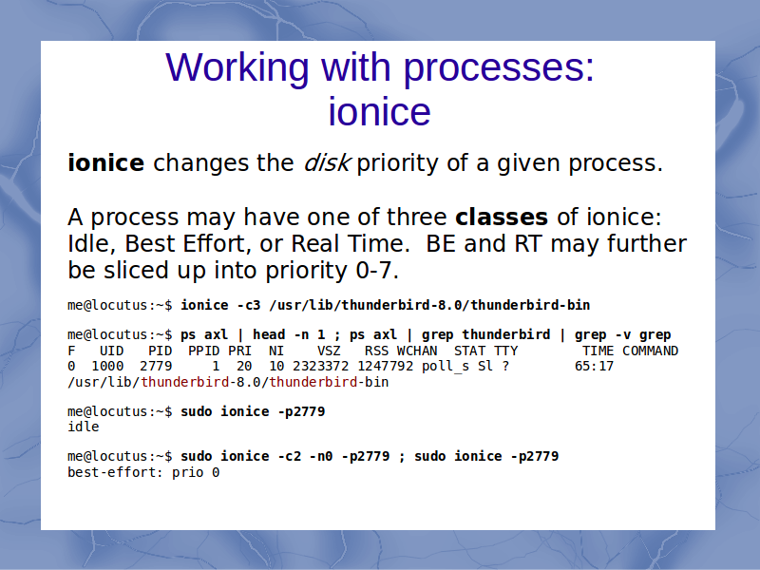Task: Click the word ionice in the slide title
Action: point(379,111)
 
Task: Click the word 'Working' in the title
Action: point(237,67)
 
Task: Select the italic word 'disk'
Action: point(326,162)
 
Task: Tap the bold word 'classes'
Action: point(502,217)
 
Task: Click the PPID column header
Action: point(204,351)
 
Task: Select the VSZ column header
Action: point(329,351)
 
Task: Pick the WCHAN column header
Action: point(417,351)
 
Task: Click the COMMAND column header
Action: point(650,351)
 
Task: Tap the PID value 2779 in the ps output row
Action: point(156,366)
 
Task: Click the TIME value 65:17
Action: point(594,366)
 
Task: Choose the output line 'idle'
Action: point(84,427)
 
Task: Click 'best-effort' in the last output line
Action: point(111,472)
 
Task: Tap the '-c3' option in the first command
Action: point(249,305)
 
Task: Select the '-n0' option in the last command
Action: point(321,457)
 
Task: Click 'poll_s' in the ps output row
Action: point(445,366)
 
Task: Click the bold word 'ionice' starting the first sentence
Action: point(105,162)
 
